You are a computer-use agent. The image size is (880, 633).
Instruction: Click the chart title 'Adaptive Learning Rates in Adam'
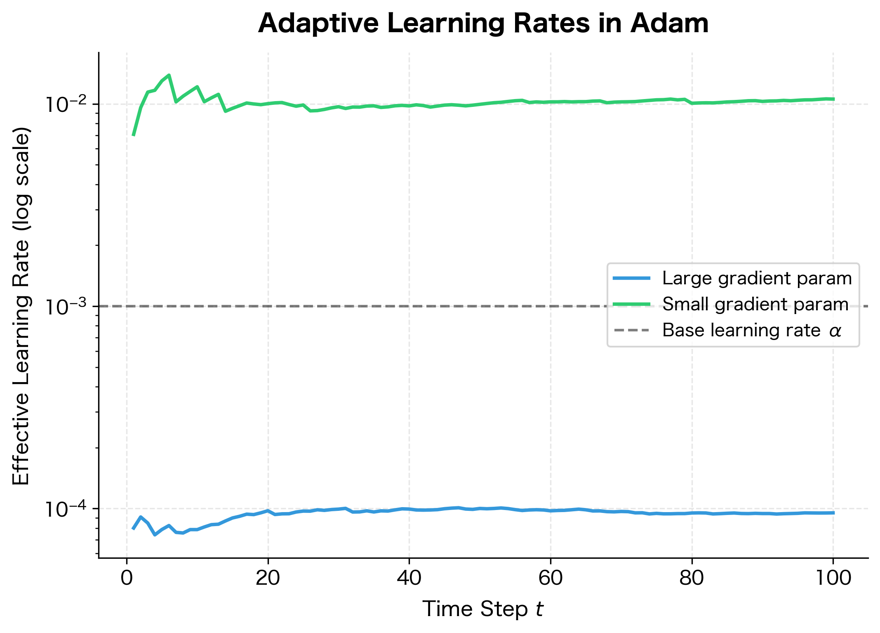[483, 24]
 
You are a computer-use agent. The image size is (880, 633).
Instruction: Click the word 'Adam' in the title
[670, 24]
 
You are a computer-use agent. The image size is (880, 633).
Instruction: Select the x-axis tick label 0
[127, 578]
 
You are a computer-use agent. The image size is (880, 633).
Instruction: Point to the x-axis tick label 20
[268, 578]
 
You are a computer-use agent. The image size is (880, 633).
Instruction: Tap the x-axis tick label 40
[409, 578]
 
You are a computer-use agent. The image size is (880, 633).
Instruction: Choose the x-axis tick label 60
[551, 578]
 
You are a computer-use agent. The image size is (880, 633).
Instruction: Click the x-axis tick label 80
[692, 578]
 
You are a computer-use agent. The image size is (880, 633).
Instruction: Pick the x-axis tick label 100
[833, 578]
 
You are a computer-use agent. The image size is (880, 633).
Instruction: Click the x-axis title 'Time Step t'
[483, 609]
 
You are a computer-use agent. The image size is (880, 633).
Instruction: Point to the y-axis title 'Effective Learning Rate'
[21, 305]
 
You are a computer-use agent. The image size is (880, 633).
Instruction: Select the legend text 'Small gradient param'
[755, 305]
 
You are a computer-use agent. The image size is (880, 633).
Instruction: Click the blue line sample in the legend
[631, 279]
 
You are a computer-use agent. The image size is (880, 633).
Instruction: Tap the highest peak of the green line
[169, 75]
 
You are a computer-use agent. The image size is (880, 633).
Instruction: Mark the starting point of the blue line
[133, 529]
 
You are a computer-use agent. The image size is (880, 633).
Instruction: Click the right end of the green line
[833, 99]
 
